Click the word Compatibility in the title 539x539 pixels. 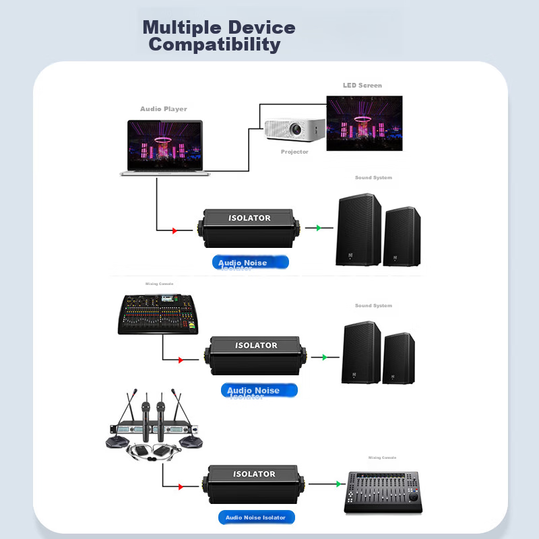[x=214, y=45]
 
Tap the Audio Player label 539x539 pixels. [x=164, y=109]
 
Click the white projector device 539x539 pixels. [x=294, y=129]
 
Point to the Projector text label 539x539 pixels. [x=294, y=152]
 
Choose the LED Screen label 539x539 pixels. [x=362, y=86]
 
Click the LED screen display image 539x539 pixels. [x=364, y=123]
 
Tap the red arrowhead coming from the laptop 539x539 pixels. [x=175, y=231]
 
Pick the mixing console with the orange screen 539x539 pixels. [x=158, y=314]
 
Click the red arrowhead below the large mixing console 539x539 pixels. [x=181, y=360]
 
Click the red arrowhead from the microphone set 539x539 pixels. [x=181, y=486]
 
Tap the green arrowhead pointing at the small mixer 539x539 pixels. [x=338, y=484]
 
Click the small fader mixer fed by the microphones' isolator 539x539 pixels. [x=383, y=492]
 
